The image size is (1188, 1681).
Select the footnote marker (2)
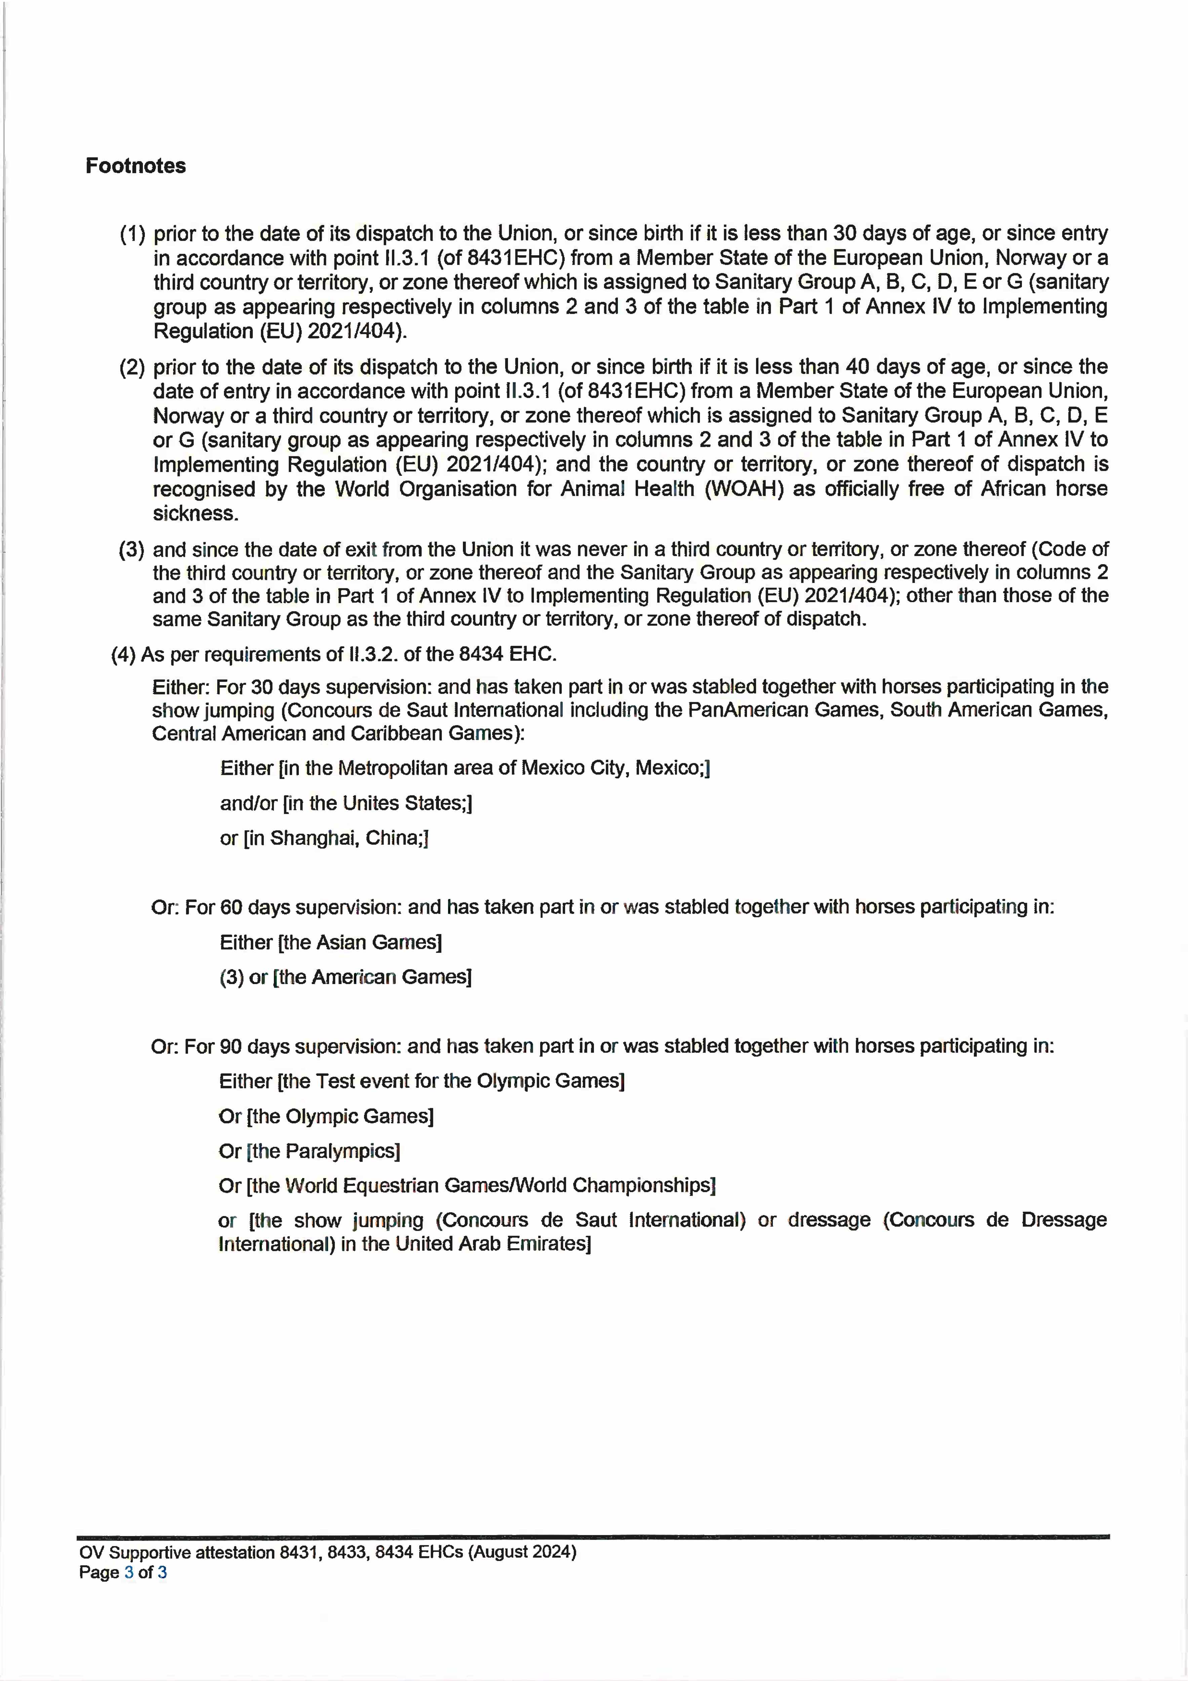(132, 367)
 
